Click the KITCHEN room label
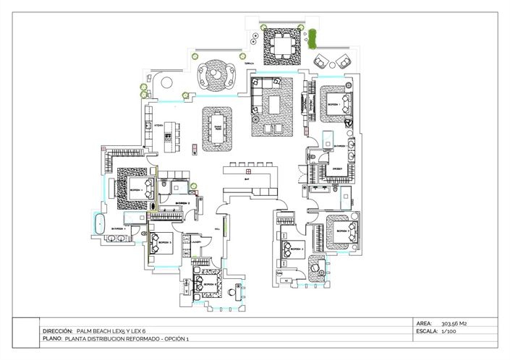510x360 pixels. tap(159, 125)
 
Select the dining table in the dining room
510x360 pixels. tap(218, 128)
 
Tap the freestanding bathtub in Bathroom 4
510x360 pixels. tap(99, 223)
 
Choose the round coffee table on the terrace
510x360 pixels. tap(215, 72)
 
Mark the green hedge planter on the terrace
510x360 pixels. tap(313, 39)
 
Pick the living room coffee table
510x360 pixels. tap(274, 104)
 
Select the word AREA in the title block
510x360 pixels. tap(425, 323)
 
